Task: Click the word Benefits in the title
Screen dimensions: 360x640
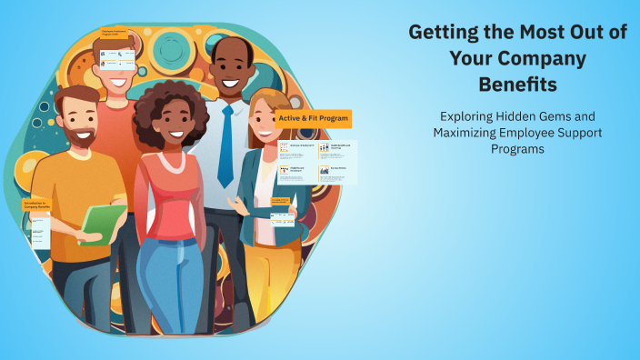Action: tap(517, 85)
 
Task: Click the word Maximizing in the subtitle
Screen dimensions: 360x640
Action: tap(469, 133)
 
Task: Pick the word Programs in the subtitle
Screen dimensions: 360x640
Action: tap(517, 149)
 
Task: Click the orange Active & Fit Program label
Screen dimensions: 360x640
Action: tap(313, 118)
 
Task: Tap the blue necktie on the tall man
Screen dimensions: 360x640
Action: tap(225, 145)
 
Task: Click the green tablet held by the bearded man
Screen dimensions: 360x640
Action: tap(101, 223)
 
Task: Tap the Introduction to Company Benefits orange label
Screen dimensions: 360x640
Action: tap(37, 205)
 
